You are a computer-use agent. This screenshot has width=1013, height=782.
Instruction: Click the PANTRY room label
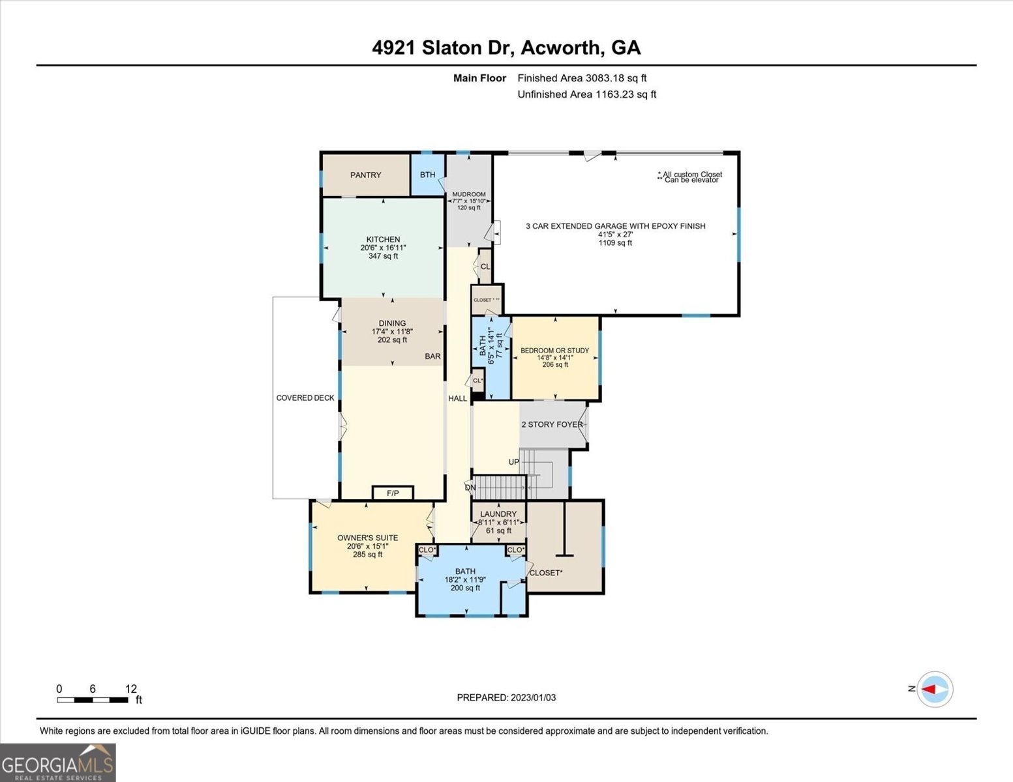[365, 175]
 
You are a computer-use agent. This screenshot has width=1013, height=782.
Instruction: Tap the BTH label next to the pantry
[427, 175]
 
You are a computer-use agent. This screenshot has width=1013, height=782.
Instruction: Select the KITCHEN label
[383, 239]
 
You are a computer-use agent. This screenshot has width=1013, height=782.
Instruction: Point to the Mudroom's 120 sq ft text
[468, 208]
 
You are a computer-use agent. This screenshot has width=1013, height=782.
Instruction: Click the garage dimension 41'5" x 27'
[615, 235]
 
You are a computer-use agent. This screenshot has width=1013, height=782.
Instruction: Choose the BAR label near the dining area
[432, 356]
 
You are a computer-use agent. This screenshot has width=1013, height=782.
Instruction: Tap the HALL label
[457, 398]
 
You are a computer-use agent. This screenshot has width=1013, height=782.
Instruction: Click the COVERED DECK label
[305, 398]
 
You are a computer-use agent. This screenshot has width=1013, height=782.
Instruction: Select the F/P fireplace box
[393, 493]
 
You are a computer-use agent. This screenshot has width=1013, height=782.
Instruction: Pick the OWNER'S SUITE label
[367, 538]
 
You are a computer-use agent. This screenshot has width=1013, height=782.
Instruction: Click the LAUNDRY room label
[498, 514]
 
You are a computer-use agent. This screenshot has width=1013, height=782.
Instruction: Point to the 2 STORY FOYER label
[552, 424]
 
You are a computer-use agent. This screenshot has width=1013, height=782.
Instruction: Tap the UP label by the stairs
[514, 462]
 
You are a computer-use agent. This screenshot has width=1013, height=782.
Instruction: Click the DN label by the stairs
[470, 487]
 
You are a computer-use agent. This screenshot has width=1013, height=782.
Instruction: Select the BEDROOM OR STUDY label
[554, 351]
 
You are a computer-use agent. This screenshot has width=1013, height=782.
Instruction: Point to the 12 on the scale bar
[131, 689]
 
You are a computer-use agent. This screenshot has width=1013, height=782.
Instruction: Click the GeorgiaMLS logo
[57, 762]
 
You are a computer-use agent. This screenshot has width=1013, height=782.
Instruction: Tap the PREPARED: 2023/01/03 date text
[506, 697]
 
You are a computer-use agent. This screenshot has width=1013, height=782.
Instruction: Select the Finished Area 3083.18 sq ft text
[582, 78]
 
